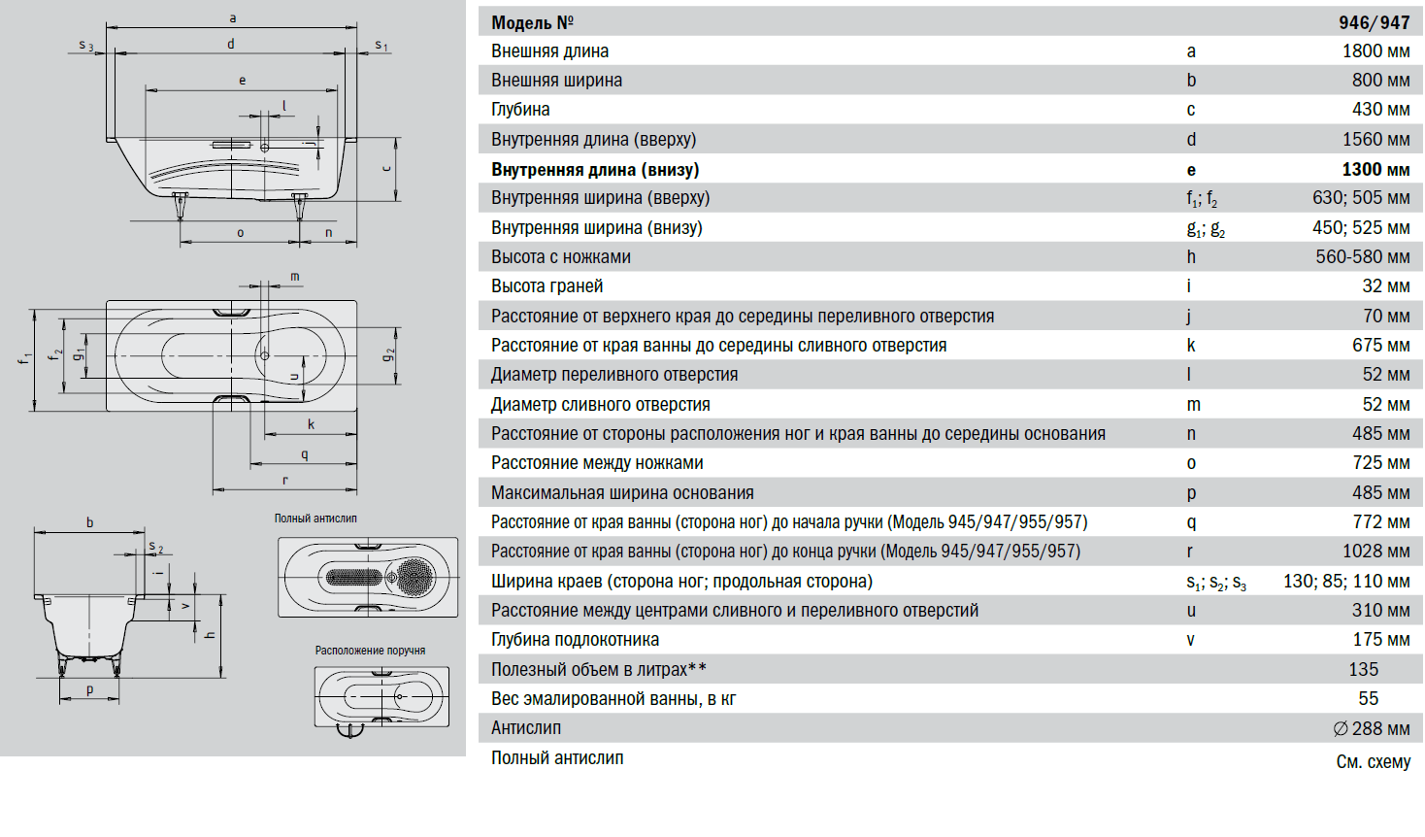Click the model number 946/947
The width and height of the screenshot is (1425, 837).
(x=1374, y=22)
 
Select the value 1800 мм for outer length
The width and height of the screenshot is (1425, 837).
(x=1375, y=51)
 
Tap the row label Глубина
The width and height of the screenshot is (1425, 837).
(x=520, y=110)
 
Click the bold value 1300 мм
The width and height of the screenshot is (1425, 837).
(x=1375, y=169)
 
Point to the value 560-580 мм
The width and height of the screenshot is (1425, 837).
(x=1362, y=257)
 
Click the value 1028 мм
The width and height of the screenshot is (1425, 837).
(x=1375, y=552)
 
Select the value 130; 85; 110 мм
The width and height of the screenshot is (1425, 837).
(x=1346, y=582)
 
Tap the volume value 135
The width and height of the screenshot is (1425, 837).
(x=1363, y=670)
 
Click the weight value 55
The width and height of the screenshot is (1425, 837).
(x=1368, y=699)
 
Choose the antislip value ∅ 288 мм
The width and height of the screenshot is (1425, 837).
(x=1371, y=729)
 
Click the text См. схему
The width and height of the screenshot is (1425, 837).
(x=1373, y=762)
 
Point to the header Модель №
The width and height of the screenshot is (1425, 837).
(x=532, y=22)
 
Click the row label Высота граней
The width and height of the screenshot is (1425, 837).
(x=547, y=286)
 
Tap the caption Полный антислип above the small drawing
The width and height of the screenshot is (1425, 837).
(x=315, y=519)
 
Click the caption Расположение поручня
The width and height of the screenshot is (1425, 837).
(x=370, y=651)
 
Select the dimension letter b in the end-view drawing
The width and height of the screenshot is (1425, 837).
(x=90, y=522)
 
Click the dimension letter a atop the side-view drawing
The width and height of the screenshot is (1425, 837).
(x=233, y=18)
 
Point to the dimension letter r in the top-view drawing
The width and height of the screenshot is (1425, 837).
(x=285, y=480)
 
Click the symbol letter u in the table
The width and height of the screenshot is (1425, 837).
(x=1191, y=611)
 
